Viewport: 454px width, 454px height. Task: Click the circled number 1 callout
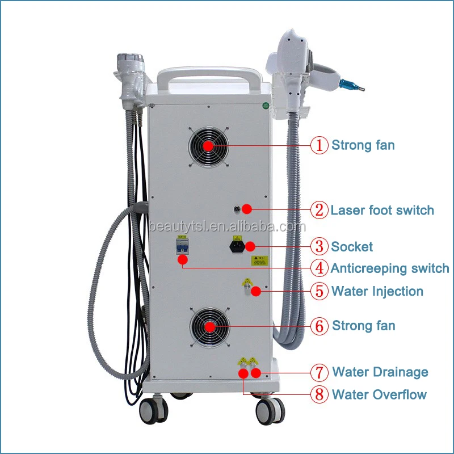pyautogui.click(x=320, y=145)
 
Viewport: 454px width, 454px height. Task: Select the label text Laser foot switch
pyautogui.click(x=382, y=211)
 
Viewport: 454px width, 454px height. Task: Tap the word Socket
pyautogui.click(x=352, y=246)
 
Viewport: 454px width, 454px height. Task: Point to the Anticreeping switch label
pyautogui.click(x=389, y=268)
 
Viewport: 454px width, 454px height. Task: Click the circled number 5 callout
pyautogui.click(x=320, y=292)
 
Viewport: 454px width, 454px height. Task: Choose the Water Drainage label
pyautogui.click(x=380, y=372)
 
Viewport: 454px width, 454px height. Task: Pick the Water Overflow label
pyautogui.click(x=379, y=394)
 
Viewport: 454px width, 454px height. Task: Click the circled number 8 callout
pyautogui.click(x=320, y=394)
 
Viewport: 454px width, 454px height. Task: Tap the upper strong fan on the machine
pyautogui.click(x=208, y=146)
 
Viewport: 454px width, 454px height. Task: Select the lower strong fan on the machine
pyautogui.click(x=209, y=327)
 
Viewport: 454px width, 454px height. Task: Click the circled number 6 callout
pyautogui.click(x=320, y=326)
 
